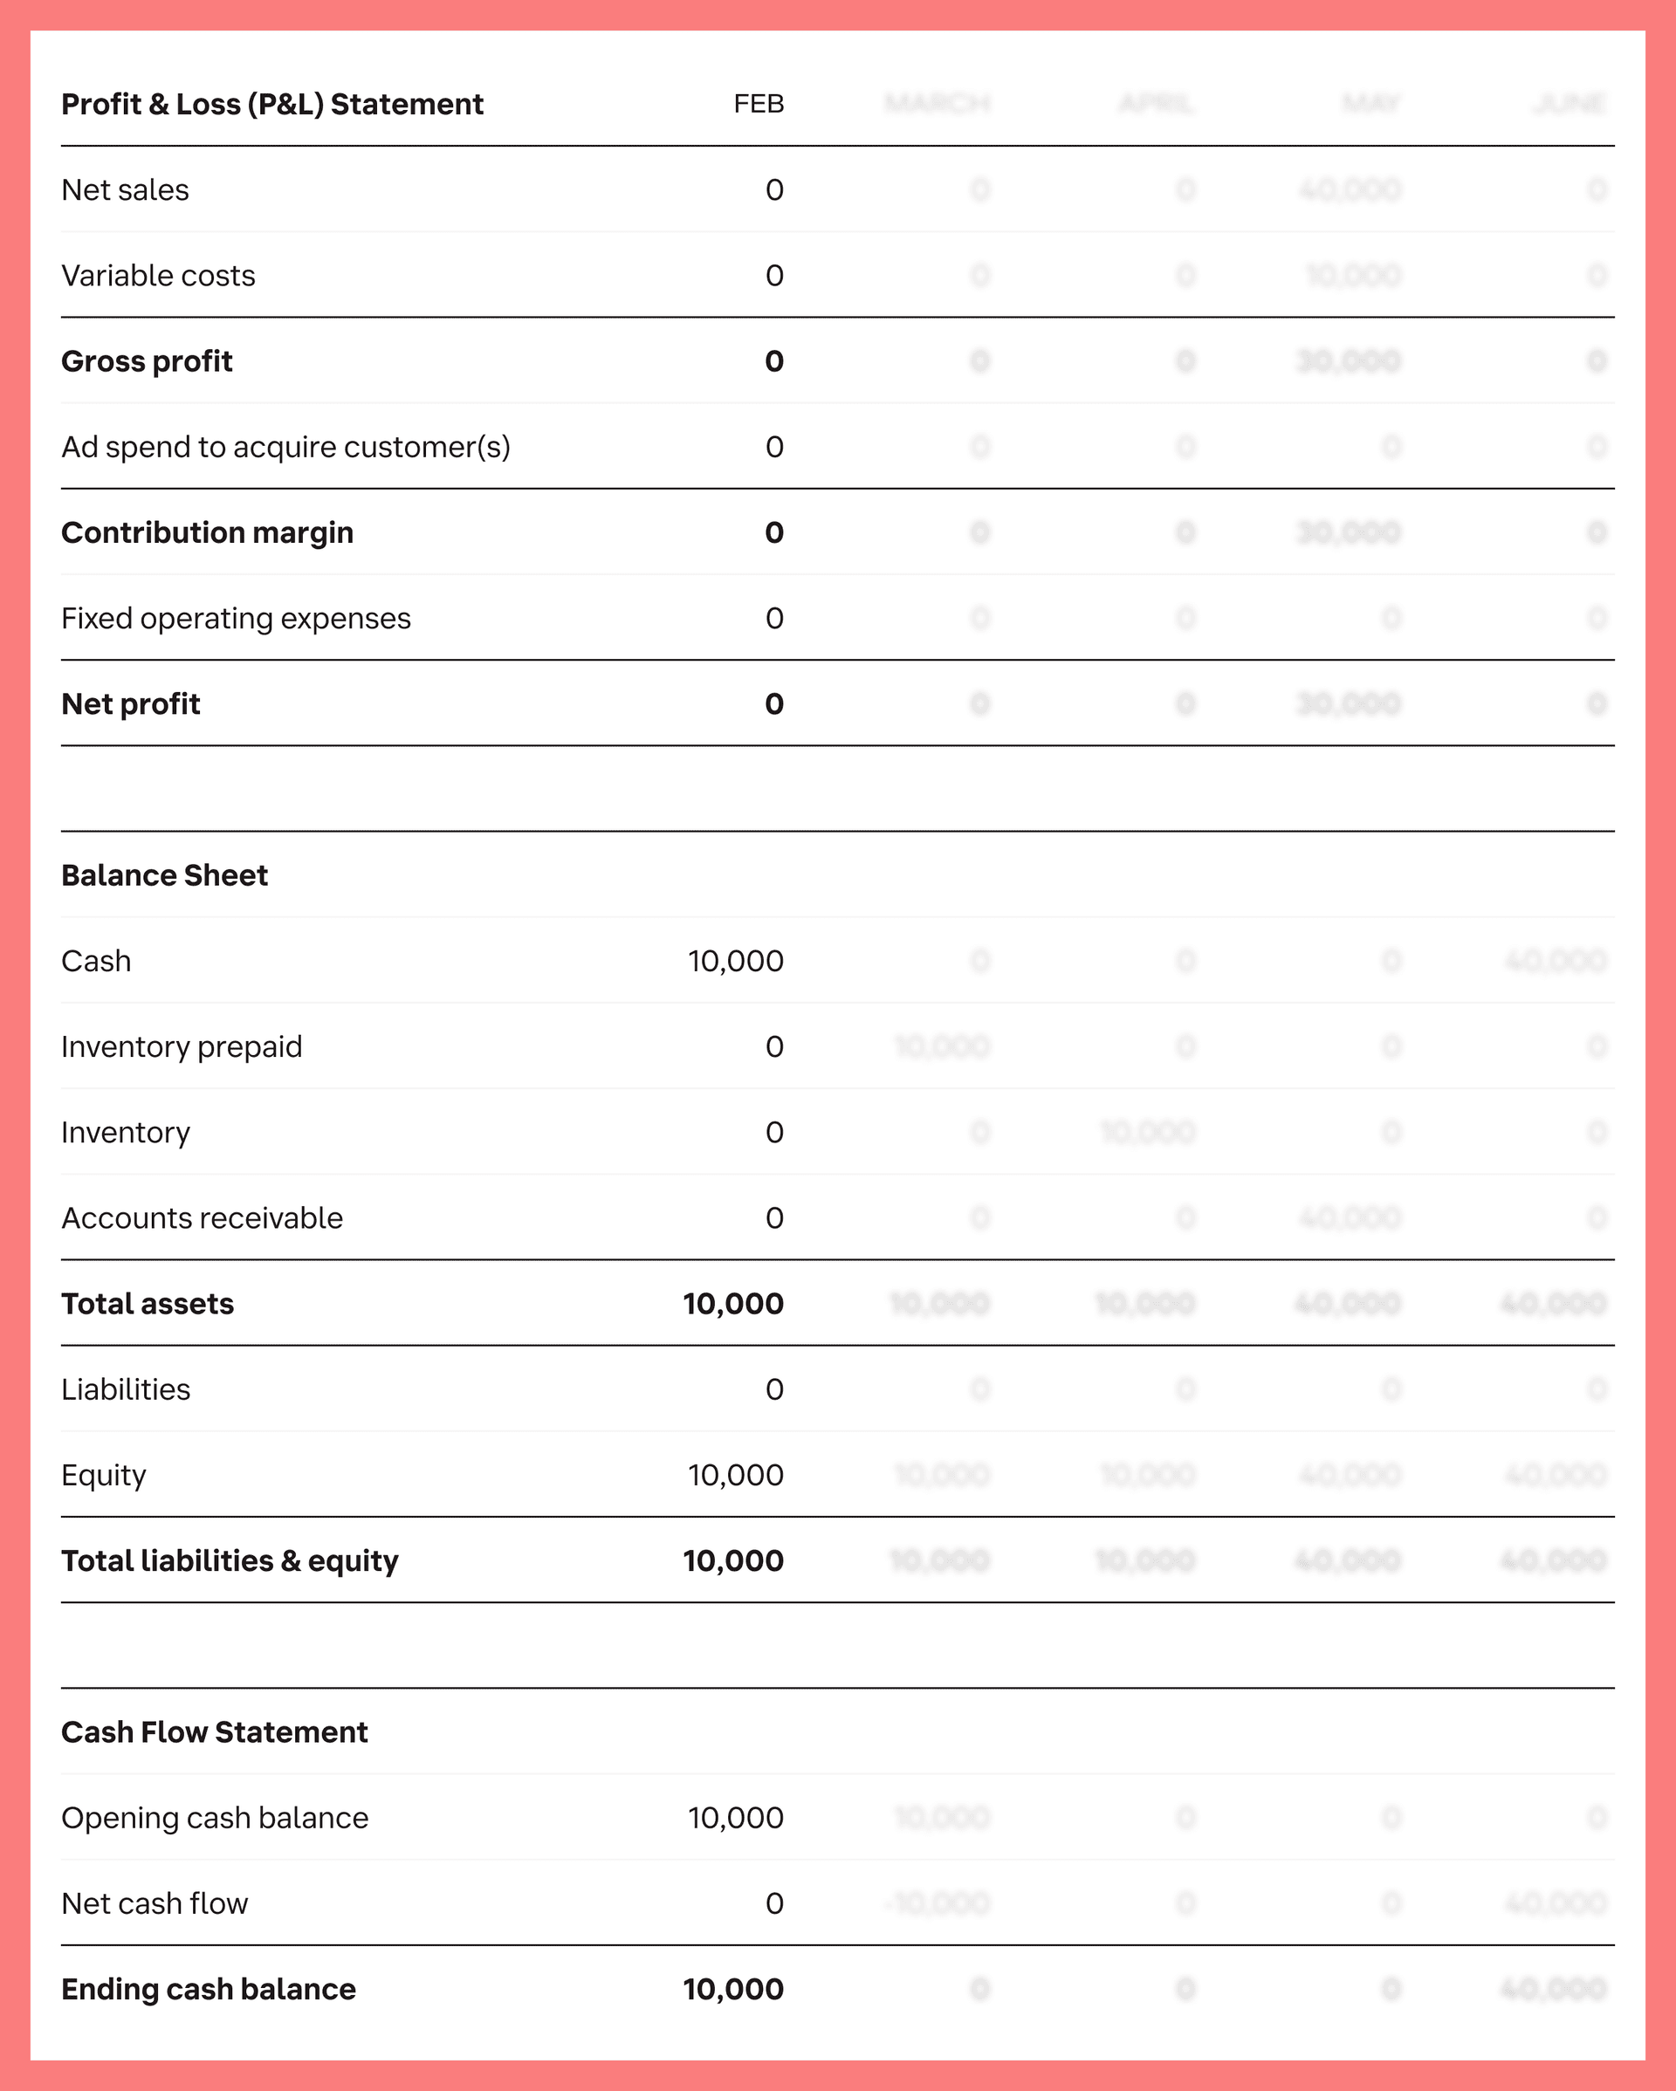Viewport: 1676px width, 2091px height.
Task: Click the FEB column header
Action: [759, 104]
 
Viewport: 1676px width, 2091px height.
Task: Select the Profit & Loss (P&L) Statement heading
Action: [271, 104]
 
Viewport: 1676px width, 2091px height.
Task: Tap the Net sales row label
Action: [125, 190]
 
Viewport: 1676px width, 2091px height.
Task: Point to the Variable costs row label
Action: [158, 276]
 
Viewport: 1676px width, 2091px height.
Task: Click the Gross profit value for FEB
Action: [774, 362]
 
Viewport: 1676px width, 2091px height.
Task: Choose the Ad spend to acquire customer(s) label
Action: [285, 447]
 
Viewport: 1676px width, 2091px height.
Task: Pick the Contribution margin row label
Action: [207, 532]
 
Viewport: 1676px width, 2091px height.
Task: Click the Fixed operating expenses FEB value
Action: [774, 619]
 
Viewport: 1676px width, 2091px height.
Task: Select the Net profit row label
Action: [130, 704]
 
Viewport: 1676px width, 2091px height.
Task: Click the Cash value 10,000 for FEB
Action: [735, 961]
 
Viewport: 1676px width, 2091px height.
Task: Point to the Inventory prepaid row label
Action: [182, 1046]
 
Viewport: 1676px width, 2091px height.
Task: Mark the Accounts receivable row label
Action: [202, 1218]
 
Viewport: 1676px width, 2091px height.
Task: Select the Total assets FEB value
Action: [732, 1304]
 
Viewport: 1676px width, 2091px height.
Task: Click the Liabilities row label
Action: [125, 1390]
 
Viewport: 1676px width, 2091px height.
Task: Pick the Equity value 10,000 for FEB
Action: [735, 1475]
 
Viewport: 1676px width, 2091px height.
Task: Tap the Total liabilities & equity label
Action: [230, 1560]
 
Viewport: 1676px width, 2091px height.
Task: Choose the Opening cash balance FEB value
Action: [735, 1818]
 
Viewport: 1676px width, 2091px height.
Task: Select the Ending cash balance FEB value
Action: [732, 1989]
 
